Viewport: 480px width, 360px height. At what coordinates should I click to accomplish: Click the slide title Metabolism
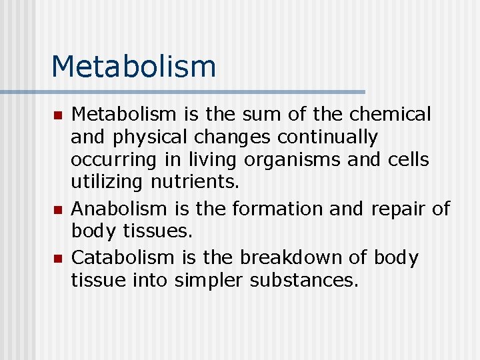(x=133, y=66)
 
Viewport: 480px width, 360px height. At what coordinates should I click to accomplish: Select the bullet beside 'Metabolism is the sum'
(x=57, y=115)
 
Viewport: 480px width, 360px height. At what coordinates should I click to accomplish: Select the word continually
(x=327, y=138)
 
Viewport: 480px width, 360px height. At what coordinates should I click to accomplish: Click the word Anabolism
(x=119, y=209)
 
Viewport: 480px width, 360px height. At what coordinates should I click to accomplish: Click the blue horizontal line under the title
(x=183, y=92)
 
